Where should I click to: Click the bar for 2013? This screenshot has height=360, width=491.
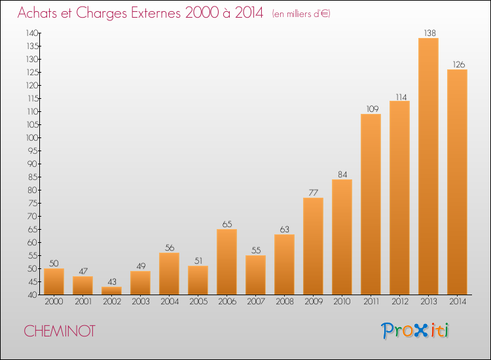428,166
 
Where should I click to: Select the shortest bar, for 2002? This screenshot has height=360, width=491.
111,291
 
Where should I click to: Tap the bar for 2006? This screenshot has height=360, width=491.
227,262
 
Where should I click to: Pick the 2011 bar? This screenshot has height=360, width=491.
371,204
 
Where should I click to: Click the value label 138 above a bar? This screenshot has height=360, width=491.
430,33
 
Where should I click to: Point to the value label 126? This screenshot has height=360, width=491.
459,65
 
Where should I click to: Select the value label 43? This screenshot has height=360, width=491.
112,281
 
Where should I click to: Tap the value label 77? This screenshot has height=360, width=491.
313,192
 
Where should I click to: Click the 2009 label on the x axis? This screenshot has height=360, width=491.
314,301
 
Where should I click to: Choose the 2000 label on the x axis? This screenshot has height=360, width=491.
54,301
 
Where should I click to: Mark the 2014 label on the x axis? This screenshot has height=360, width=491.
458,301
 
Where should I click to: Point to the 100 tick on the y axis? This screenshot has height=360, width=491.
32,137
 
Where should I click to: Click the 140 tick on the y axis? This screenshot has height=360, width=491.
32,33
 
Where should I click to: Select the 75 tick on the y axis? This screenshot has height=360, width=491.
33,203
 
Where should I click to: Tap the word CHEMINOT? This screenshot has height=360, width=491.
60,331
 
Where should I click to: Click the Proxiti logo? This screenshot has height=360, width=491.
415,331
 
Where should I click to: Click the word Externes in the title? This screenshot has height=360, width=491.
156,13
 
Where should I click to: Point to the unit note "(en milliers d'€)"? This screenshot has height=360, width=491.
301,14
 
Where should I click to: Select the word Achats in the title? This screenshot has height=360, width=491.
37,13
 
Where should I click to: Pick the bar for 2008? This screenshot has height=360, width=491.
284,264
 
